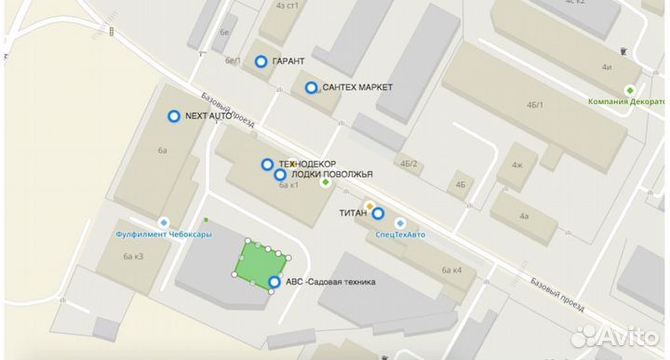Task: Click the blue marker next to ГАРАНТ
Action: coord(261,61)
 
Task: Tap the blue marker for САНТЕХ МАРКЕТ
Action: coord(311,87)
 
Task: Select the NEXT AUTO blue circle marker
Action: coord(173,116)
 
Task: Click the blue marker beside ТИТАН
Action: coord(378,213)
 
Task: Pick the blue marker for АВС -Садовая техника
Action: coord(275,282)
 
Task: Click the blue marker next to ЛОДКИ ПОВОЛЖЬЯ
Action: coord(279,174)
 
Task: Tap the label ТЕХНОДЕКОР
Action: coord(307,164)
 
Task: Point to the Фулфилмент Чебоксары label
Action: coord(163,234)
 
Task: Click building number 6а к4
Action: coord(452,270)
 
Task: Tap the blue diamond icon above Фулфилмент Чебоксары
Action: coord(164,222)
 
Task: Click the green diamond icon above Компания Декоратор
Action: coord(631,90)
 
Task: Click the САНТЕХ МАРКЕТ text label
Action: coord(356,87)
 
